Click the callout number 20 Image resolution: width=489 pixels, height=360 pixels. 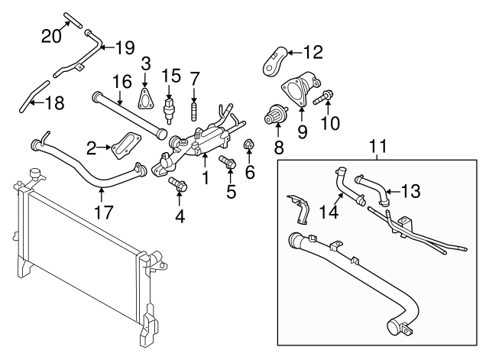(x=52, y=35)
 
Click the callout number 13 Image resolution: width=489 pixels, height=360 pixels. (x=410, y=191)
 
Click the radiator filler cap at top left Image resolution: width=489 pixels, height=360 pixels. (x=33, y=174)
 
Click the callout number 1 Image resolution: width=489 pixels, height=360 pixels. (x=204, y=179)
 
